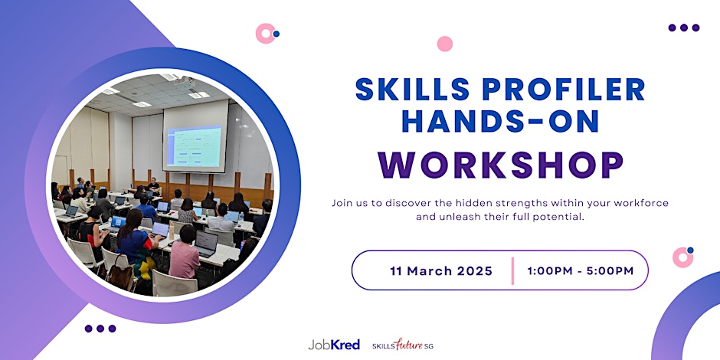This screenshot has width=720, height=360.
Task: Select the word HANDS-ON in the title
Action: point(500,121)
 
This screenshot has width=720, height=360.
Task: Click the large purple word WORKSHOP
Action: point(500,165)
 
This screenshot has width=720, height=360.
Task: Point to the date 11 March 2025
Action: point(441,271)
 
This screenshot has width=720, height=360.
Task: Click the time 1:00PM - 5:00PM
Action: point(581,271)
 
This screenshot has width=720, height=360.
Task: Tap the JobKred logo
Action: point(334,345)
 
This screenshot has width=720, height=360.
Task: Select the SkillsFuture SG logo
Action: point(403,345)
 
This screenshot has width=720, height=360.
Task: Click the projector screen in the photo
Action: point(195,138)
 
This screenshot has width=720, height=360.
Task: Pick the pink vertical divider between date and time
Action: point(512,271)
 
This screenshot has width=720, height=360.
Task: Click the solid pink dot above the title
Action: point(444,44)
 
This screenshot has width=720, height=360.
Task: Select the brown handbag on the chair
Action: point(120,274)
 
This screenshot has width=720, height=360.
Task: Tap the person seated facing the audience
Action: point(153,186)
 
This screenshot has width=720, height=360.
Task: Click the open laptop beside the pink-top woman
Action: point(206,244)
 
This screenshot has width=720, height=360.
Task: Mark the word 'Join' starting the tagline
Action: point(341,202)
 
